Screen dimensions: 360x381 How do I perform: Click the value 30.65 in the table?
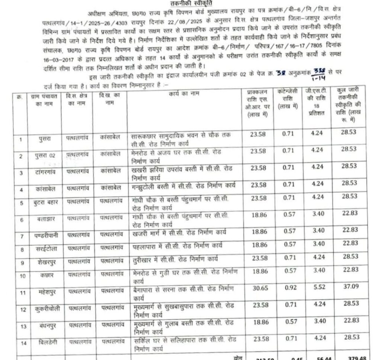click(258, 289)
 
